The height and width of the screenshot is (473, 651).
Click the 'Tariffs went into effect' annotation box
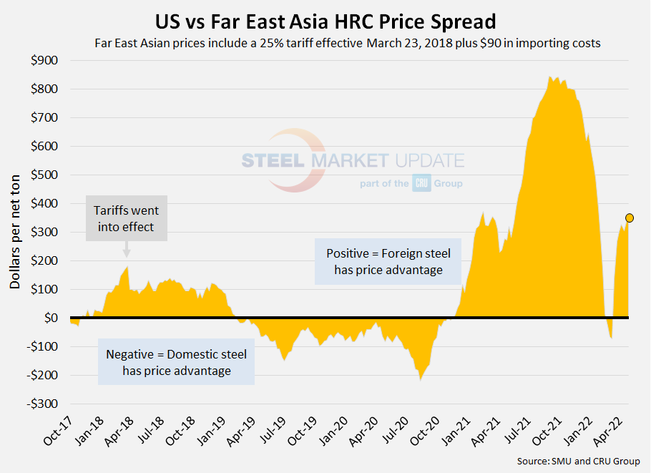[127, 218]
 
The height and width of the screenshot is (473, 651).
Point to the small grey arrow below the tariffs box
[127, 249]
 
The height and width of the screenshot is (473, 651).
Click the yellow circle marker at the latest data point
[630, 218]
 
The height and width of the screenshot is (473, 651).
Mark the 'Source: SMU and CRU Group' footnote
[578, 462]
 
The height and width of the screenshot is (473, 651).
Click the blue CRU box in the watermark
[421, 183]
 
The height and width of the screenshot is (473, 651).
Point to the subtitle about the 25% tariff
[347, 43]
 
